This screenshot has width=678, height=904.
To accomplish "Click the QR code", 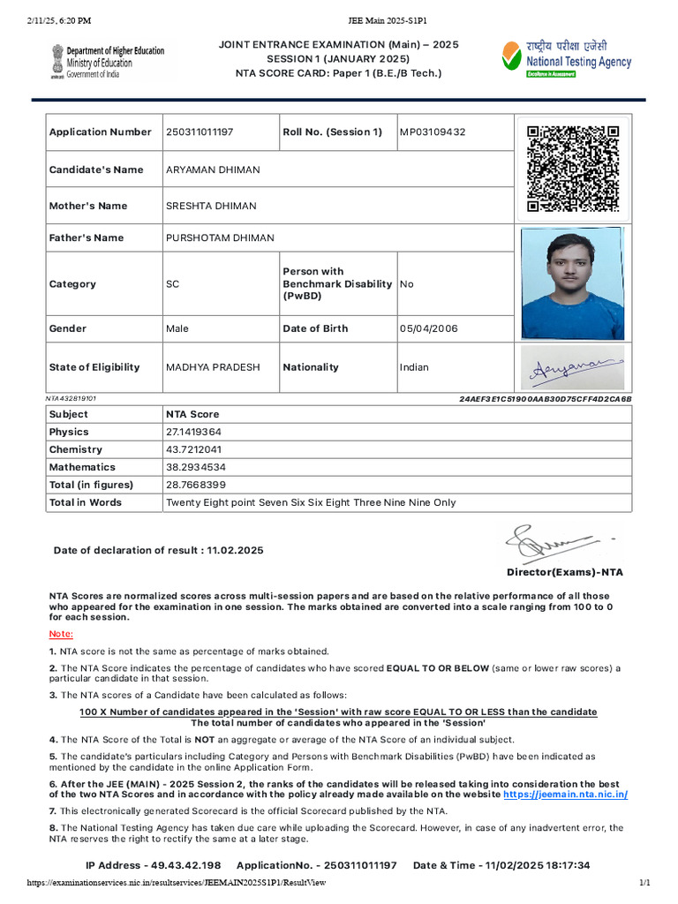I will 572,169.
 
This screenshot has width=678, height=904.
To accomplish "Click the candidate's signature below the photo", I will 571,368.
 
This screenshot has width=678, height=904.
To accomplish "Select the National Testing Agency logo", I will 566,58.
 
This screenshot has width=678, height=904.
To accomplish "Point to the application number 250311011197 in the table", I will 200,132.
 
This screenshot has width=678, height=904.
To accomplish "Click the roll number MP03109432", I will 433,132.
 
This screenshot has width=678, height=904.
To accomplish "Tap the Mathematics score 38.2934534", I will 195,467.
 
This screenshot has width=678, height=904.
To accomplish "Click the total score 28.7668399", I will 195,485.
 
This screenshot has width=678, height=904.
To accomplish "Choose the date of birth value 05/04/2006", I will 429,328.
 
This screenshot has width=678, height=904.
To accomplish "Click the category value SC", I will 172,284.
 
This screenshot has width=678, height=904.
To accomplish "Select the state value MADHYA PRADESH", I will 213,367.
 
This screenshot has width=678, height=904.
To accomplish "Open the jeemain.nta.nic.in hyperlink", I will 565,795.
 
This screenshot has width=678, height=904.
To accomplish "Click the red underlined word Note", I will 61,635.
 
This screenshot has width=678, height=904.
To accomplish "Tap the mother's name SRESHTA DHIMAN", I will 211,206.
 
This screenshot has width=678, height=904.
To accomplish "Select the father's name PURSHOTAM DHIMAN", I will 220,237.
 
